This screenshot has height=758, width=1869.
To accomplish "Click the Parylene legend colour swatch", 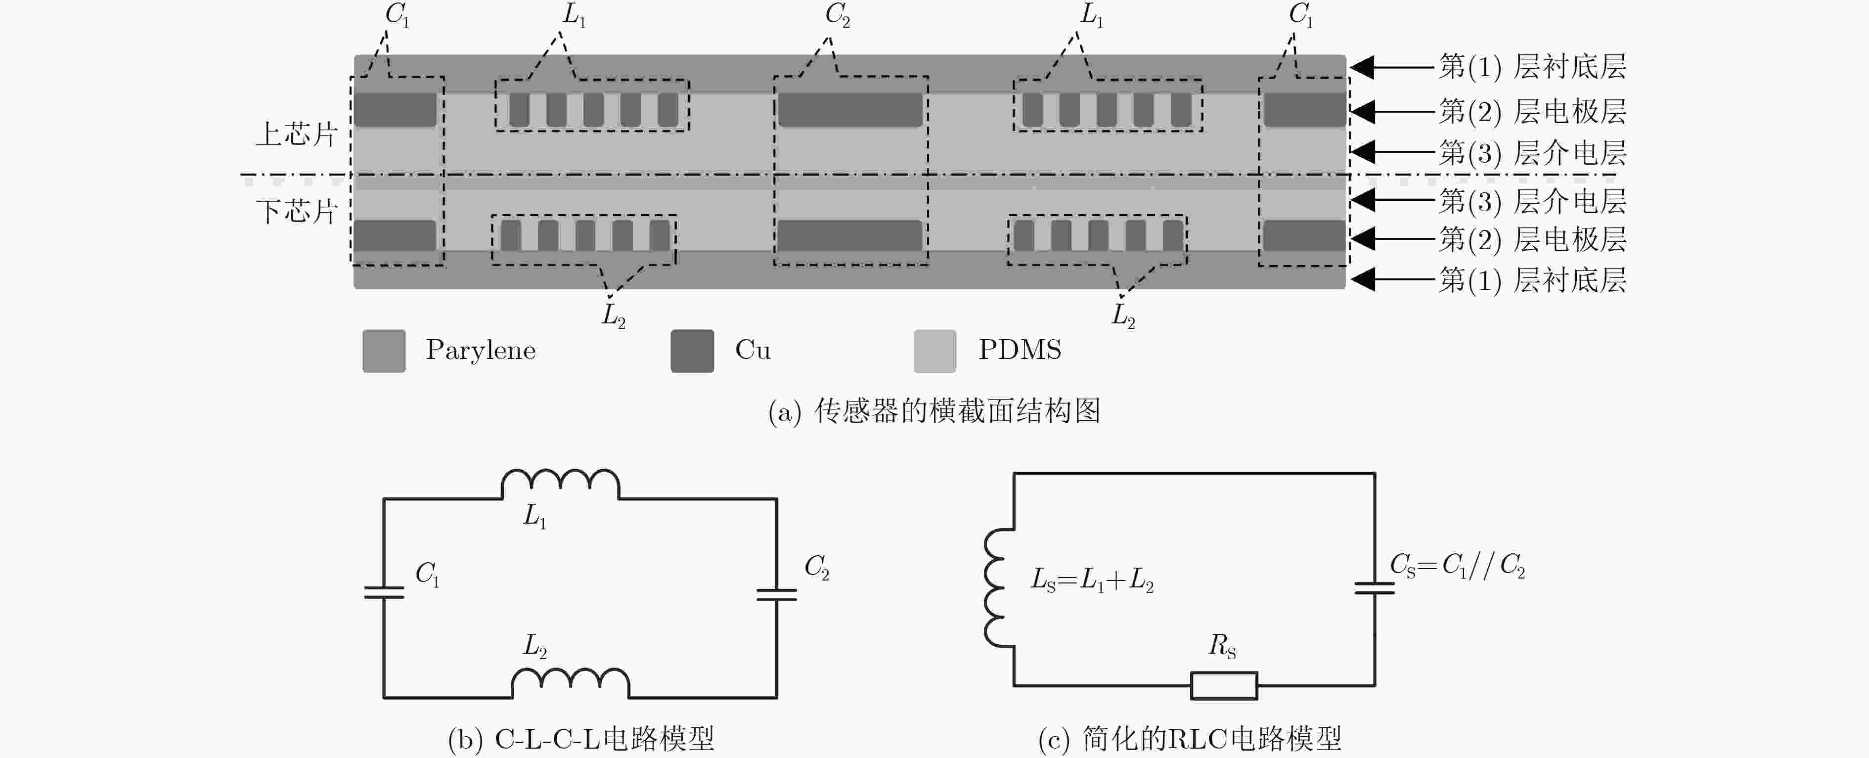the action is (x=384, y=351).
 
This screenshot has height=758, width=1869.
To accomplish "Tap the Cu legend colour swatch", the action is (x=692, y=351).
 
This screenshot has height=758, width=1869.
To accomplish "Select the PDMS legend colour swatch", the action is (x=934, y=351).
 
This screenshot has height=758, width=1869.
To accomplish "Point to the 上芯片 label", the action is (x=297, y=134).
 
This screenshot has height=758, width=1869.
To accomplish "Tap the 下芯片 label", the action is (x=297, y=211).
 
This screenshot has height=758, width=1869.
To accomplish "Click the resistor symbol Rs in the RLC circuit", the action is (x=1224, y=685).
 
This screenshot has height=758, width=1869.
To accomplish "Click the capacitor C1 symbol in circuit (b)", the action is (x=384, y=592).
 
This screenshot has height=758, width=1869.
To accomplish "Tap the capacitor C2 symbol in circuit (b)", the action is (x=776, y=595).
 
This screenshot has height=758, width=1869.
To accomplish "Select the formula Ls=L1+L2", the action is (x=1092, y=580).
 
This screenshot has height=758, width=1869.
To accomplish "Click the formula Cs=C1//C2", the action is (x=1457, y=566).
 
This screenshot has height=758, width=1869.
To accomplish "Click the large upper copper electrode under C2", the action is (x=850, y=110).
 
